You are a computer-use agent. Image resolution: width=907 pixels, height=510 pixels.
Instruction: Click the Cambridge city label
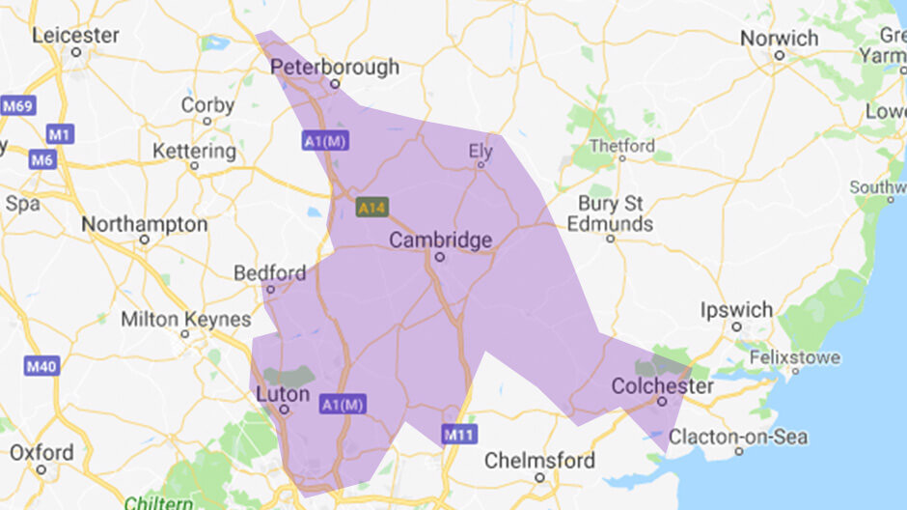coord(441,240)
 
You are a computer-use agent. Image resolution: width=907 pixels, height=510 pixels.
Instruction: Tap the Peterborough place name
coord(335,67)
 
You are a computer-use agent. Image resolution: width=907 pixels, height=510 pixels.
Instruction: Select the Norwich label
coord(780,38)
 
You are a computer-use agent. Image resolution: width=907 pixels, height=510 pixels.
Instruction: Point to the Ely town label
coord(480,151)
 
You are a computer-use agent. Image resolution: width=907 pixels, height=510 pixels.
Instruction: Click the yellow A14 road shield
coord(371,207)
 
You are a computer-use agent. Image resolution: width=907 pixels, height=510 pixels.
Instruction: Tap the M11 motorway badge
coord(460,435)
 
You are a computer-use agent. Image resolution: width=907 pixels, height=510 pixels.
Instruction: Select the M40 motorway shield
coord(42,366)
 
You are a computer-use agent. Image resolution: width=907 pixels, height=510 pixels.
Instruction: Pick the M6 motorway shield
coord(41,159)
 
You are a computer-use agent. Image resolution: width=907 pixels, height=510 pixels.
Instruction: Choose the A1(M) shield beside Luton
coord(343,405)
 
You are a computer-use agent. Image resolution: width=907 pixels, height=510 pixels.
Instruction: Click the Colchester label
coord(663,386)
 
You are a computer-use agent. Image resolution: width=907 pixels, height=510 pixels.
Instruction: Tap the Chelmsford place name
coord(539,460)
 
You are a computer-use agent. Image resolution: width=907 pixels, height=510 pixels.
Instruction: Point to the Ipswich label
coord(737,310)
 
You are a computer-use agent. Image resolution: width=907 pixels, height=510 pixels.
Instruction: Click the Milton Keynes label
coord(185,319)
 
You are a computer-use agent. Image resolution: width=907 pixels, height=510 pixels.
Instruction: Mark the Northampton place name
coord(144,224)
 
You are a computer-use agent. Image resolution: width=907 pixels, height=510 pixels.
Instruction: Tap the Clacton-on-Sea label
coord(738,437)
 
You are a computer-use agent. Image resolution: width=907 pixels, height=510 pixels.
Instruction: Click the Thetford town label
coord(622,146)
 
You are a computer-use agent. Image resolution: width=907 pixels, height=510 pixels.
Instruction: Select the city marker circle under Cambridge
coord(439,258)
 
